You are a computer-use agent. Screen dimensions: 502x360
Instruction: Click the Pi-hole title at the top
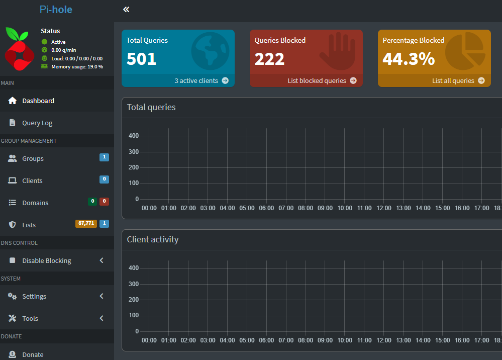point(56,10)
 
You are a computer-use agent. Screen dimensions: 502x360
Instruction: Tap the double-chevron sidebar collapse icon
point(126,10)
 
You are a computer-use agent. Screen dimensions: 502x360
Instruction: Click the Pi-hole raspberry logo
point(20,49)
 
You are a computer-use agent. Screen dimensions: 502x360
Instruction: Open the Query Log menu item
point(37,123)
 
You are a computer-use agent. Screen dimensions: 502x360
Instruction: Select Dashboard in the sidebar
point(38,101)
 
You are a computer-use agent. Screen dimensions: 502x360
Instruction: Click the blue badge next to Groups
point(105,157)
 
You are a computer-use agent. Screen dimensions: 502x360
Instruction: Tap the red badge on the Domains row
point(105,202)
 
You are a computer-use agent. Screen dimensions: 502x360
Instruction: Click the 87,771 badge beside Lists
point(86,224)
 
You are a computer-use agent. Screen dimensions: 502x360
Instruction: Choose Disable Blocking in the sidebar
point(47,261)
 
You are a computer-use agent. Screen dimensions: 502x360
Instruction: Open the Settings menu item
point(34,296)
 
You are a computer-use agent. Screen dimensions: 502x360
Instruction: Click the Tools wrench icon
point(12,318)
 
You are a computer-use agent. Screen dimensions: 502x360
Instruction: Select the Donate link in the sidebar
point(33,354)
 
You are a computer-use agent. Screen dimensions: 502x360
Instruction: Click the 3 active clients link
point(196,81)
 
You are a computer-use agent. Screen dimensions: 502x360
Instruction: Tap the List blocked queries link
point(317,81)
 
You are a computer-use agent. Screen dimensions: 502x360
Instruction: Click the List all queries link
point(453,81)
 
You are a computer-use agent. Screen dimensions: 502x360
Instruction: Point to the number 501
point(141,59)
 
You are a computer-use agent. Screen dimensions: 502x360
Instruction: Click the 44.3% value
point(409,59)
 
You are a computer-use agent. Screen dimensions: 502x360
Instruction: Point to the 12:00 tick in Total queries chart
point(383,208)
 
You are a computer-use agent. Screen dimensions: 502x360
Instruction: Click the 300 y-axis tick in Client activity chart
point(134,284)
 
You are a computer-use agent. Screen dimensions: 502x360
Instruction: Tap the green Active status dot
point(45,42)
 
